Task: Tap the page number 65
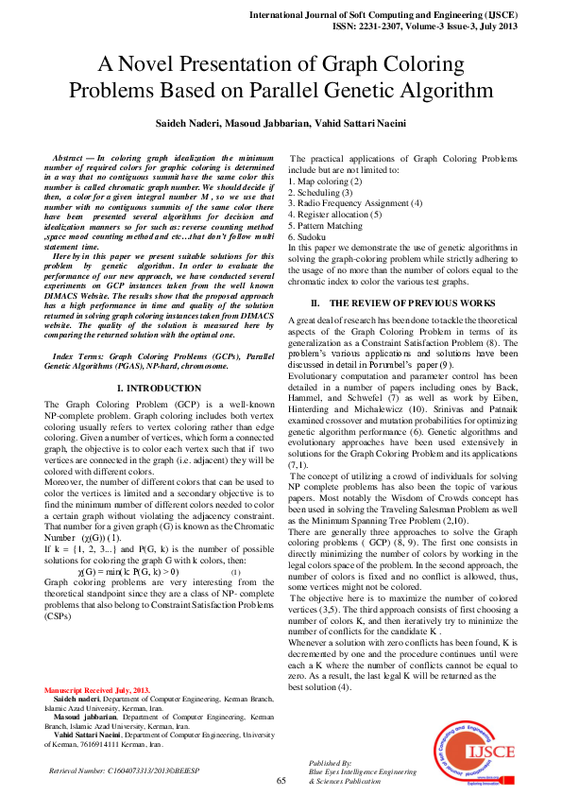[x=281, y=780]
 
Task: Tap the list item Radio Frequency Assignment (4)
[x=355, y=202]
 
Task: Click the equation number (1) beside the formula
[x=235, y=573]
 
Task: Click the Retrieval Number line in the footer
[x=124, y=770]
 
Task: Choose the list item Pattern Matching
[x=325, y=225]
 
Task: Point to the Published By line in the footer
[x=331, y=762]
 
